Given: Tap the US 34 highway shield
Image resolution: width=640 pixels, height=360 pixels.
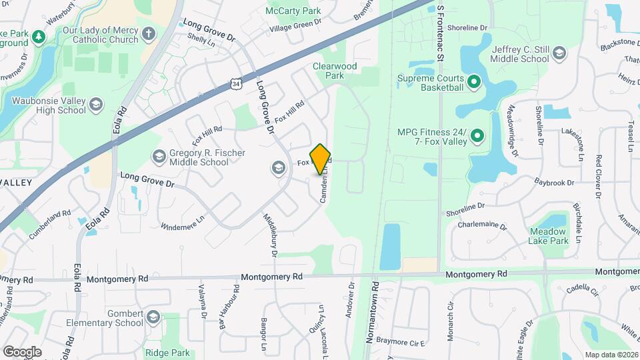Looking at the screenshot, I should (235, 83).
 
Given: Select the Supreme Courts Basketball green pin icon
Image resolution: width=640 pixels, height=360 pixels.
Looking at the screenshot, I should (474, 83).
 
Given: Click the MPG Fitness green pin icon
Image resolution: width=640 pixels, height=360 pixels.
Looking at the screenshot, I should (477, 137).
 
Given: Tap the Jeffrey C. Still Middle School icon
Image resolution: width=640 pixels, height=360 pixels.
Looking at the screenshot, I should (559, 53).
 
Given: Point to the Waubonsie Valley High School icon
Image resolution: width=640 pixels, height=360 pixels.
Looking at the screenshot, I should (97, 104).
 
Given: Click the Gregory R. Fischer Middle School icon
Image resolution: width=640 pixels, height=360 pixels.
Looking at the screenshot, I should (159, 157).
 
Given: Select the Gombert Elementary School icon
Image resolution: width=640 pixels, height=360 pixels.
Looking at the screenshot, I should (154, 317).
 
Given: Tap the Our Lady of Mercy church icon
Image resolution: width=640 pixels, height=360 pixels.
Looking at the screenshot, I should (149, 33).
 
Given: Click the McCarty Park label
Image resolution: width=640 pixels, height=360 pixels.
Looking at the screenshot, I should (293, 11).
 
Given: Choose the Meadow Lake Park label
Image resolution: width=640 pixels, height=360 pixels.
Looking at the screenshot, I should (548, 235).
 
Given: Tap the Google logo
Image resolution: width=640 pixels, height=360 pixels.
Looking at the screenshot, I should (22, 351).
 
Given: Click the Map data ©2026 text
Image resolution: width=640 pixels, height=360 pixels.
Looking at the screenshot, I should (611, 355).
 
